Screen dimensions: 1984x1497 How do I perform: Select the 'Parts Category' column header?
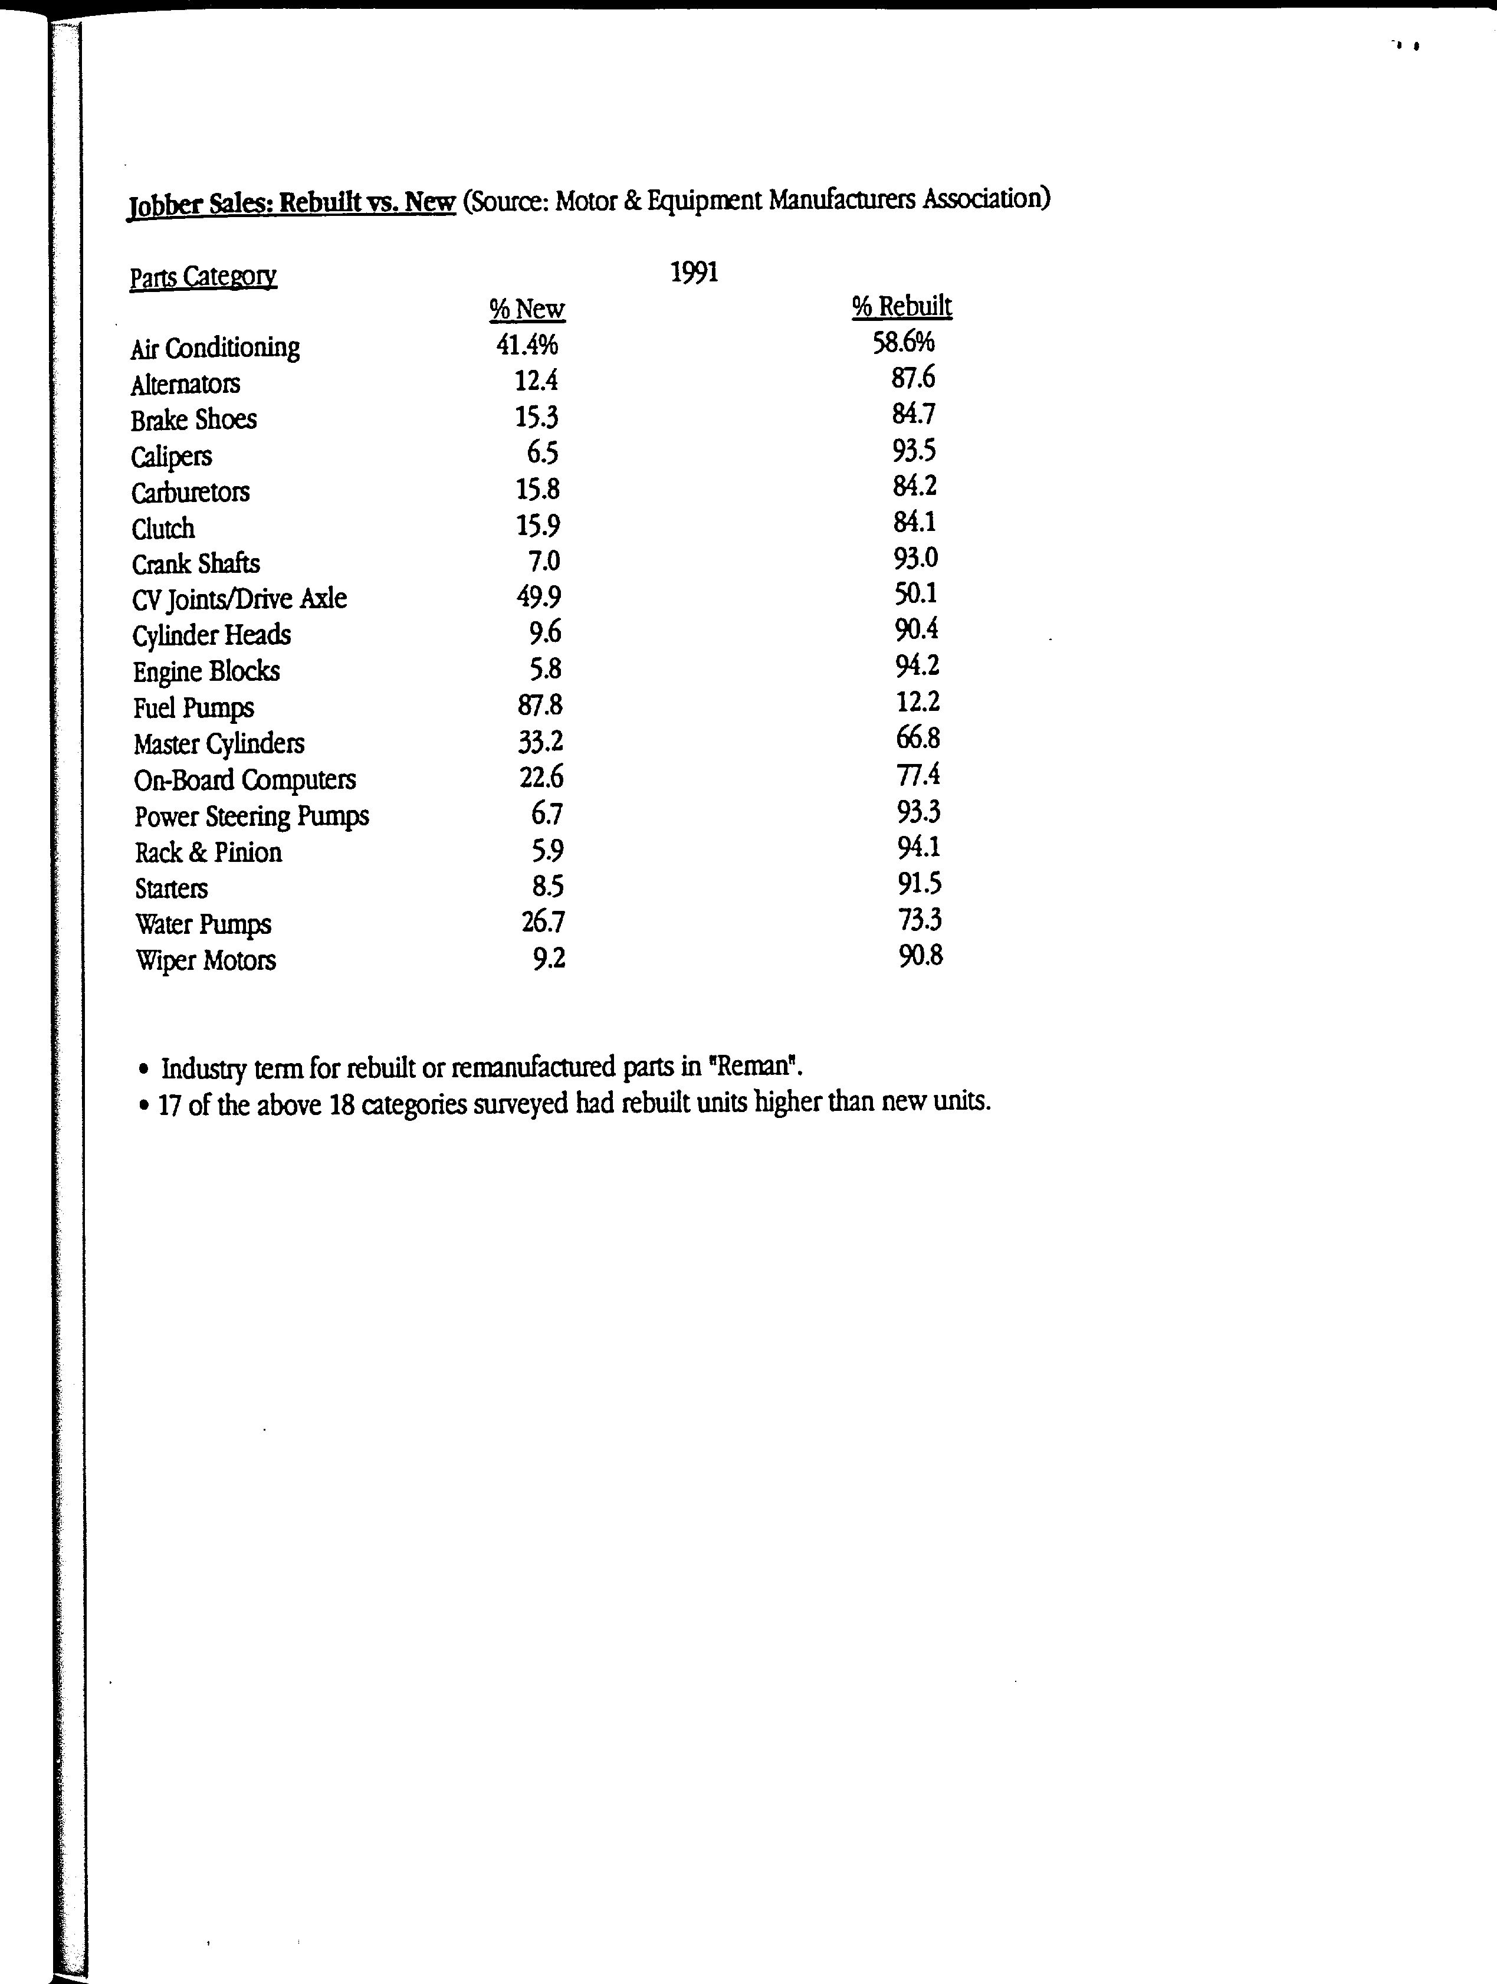point(203,276)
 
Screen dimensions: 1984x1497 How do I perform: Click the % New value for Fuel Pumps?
point(540,705)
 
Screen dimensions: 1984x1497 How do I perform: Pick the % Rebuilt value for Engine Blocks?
point(917,665)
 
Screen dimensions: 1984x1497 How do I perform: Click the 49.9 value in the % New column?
point(539,596)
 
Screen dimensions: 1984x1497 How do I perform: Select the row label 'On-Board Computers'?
point(245,779)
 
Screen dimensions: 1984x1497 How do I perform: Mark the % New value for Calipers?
point(543,452)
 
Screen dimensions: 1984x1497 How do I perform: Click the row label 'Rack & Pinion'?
point(208,852)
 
